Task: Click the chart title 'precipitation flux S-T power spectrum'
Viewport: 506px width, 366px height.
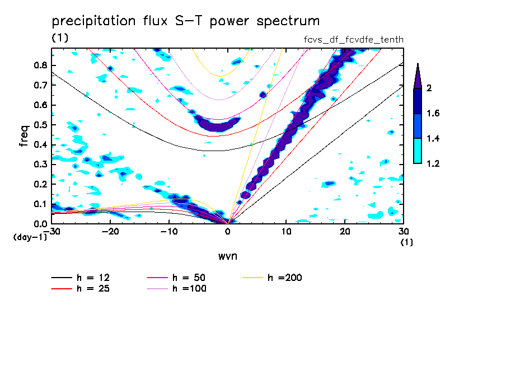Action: pos(185,21)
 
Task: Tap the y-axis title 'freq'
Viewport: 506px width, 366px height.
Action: pos(24,136)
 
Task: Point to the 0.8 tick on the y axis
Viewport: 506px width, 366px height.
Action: pos(40,65)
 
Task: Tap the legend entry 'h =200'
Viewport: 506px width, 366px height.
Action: pos(284,278)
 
